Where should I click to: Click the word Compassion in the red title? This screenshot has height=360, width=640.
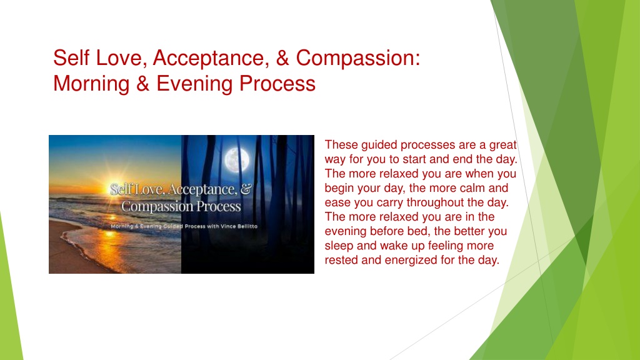(357, 58)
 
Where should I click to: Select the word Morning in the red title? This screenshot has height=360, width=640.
(91, 84)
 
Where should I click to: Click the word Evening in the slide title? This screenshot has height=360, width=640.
(194, 84)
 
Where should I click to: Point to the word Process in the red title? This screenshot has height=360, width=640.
(277, 84)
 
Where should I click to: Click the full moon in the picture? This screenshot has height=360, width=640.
(237, 159)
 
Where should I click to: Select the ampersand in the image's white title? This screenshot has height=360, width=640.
(246, 189)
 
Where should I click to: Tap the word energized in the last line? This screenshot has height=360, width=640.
(411, 260)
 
